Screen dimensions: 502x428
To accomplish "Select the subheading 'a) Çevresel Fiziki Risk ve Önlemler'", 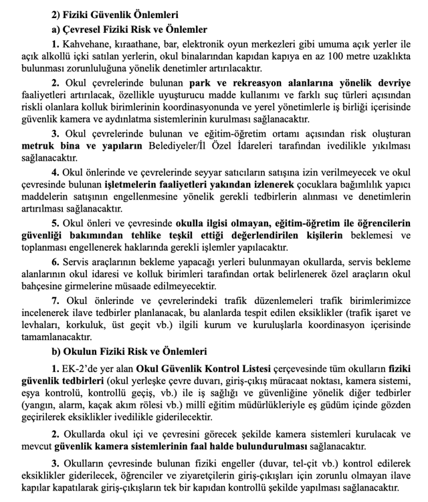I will [129, 29].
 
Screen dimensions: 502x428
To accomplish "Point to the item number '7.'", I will [56, 301].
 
